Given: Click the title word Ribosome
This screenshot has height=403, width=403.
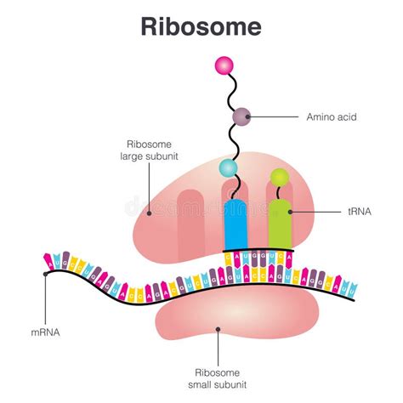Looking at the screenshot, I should click(201, 26).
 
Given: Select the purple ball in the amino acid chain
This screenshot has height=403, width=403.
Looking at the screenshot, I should click(241, 116).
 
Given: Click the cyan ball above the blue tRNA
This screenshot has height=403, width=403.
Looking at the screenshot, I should click(229, 167).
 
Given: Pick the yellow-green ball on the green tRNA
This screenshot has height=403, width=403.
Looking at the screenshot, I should click(280, 177).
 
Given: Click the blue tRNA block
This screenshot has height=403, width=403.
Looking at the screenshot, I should click(235, 224).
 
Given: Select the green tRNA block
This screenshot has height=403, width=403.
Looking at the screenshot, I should click(280, 224).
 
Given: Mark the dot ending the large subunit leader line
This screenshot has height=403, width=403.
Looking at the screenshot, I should click(150, 213).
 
